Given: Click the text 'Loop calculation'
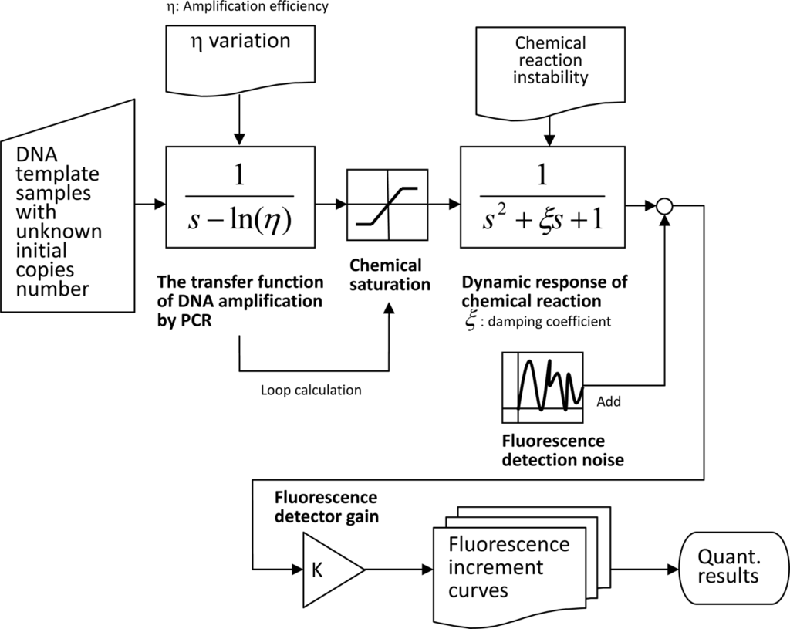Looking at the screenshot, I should click(311, 391).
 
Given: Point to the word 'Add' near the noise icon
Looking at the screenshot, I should click(609, 402).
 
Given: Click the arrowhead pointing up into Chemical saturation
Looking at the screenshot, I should click(389, 305).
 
